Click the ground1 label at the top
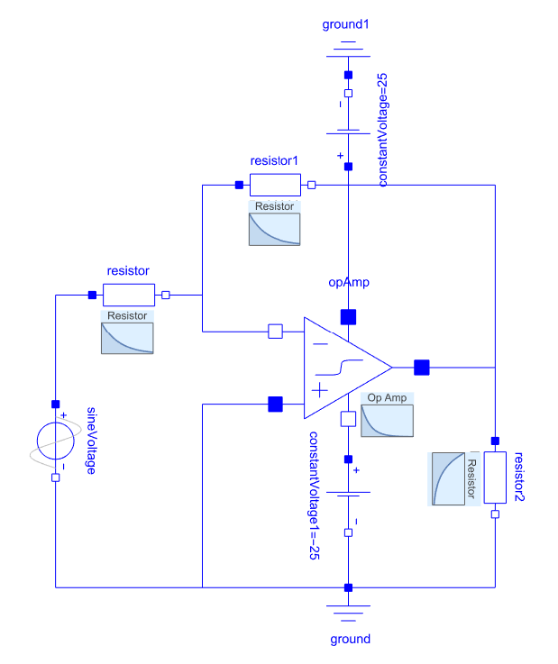[x=346, y=23]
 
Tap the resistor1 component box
[x=275, y=186]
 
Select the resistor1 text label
[x=275, y=161]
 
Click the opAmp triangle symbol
[x=343, y=368]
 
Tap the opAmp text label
[x=349, y=283]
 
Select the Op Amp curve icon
[x=388, y=415]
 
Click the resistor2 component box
[x=495, y=478]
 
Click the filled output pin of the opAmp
[x=421, y=367]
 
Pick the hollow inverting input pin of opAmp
[x=276, y=332]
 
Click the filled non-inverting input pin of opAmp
[x=276, y=404]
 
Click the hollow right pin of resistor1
[x=312, y=186]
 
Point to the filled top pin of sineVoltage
[x=55, y=404]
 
